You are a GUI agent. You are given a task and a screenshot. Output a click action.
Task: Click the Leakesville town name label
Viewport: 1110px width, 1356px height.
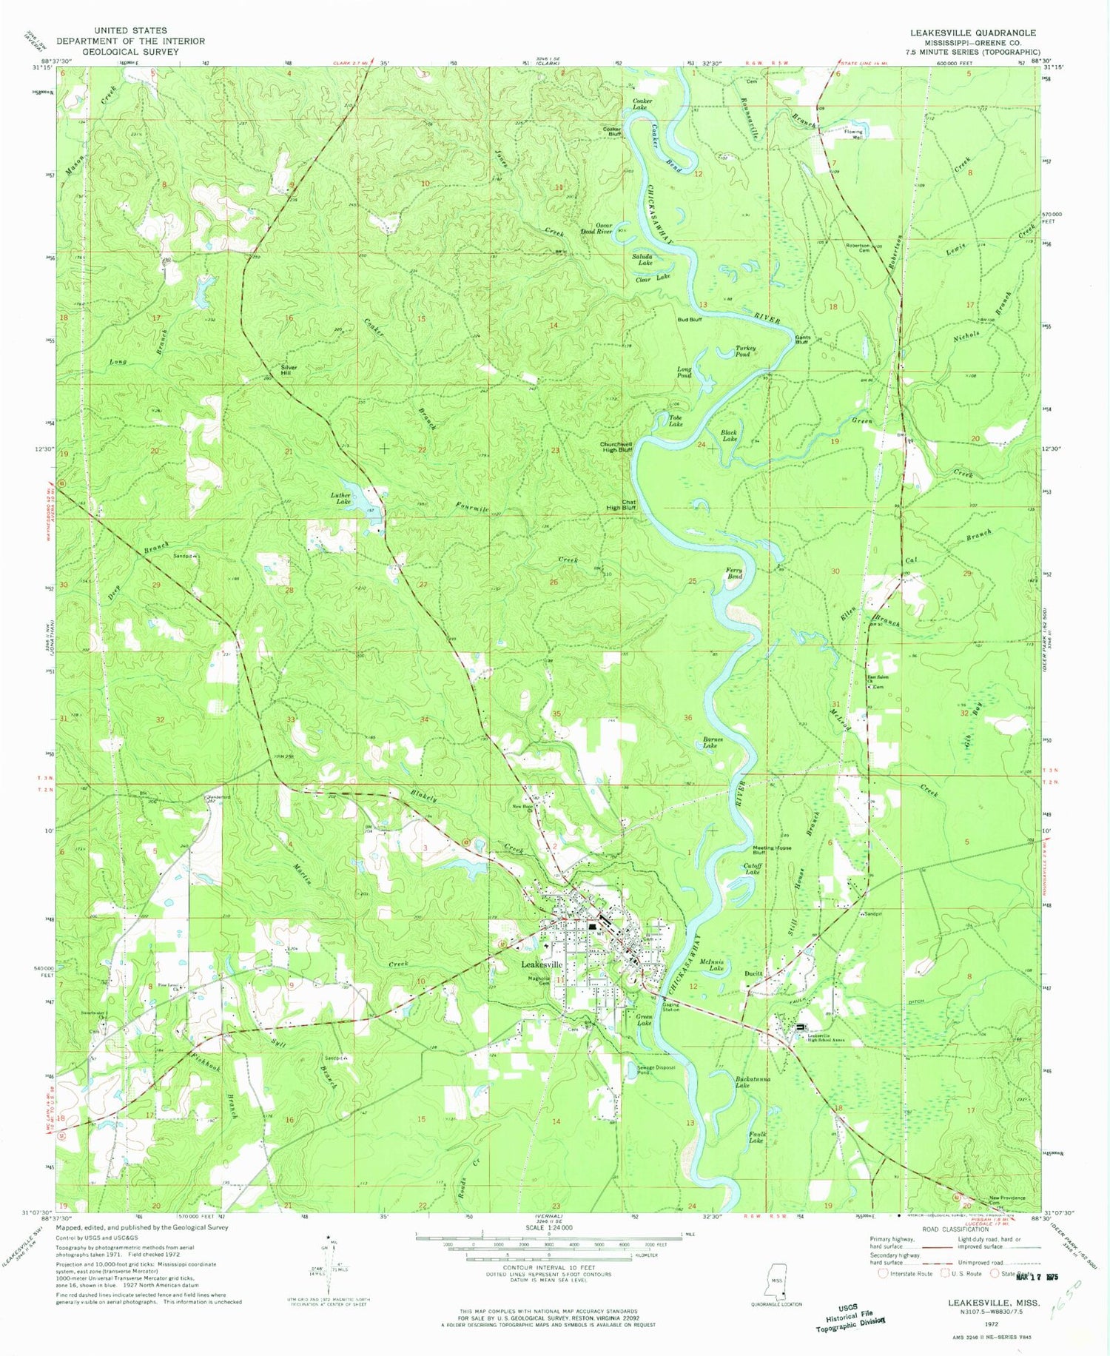[542, 964]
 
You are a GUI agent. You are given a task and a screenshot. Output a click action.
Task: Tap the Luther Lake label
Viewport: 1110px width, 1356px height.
[340, 499]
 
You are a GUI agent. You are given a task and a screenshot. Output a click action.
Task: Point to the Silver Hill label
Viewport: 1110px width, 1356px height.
[288, 370]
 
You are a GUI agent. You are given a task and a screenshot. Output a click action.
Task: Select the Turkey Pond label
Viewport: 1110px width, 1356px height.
[743, 352]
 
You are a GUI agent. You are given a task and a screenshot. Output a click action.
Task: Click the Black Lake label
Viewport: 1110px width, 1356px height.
[729, 436]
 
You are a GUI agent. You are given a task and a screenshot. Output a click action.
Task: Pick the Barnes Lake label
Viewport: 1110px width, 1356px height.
[710, 742]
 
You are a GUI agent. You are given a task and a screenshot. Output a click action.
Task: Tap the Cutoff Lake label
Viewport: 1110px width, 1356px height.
[752, 869]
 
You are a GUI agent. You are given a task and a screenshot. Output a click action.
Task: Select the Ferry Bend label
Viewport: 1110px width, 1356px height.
[733, 573]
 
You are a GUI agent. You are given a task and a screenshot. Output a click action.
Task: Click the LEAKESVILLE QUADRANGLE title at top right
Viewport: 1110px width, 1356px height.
[972, 33]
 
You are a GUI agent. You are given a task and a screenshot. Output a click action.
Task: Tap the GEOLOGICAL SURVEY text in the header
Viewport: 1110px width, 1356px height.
[130, 52]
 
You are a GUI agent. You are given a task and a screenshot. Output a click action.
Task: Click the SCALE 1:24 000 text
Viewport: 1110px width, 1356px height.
[548, 1227]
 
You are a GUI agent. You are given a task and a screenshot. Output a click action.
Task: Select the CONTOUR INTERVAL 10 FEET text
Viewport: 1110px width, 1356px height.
[548, 1268]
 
